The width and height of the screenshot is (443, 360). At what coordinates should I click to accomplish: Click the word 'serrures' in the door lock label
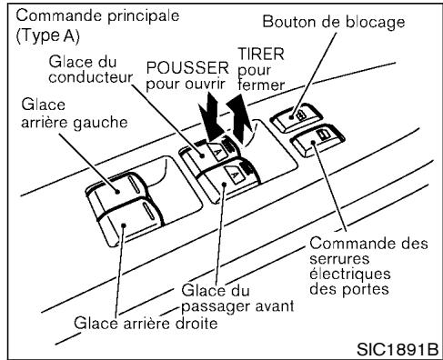point(344,258)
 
